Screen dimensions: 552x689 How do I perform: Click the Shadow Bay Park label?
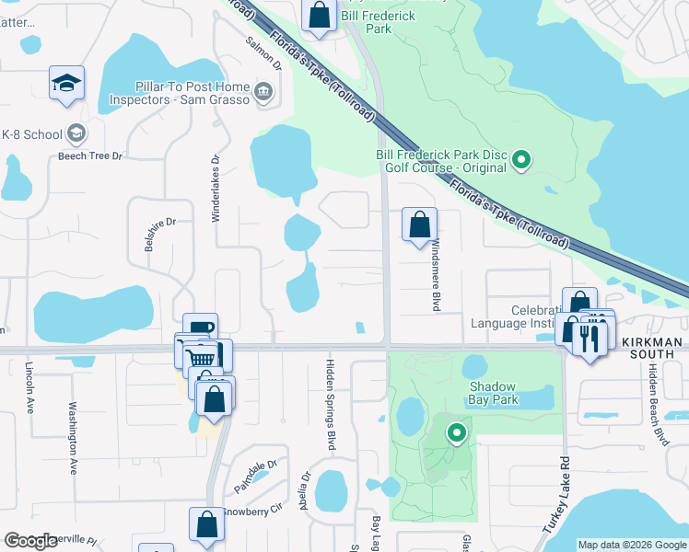tap(494, 393)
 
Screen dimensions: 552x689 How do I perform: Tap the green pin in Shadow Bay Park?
tap(455, 431)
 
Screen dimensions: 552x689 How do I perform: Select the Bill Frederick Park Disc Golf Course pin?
tap(521, 160)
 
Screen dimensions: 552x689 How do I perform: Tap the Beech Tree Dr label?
tap(89, 156)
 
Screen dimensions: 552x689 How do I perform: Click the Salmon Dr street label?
tap(263, 53)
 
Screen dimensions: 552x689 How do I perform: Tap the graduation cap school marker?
tap(67, 83)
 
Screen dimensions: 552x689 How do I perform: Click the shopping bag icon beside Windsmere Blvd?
tap(419, 224)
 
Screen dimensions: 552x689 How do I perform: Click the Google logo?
tap(31, 540)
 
